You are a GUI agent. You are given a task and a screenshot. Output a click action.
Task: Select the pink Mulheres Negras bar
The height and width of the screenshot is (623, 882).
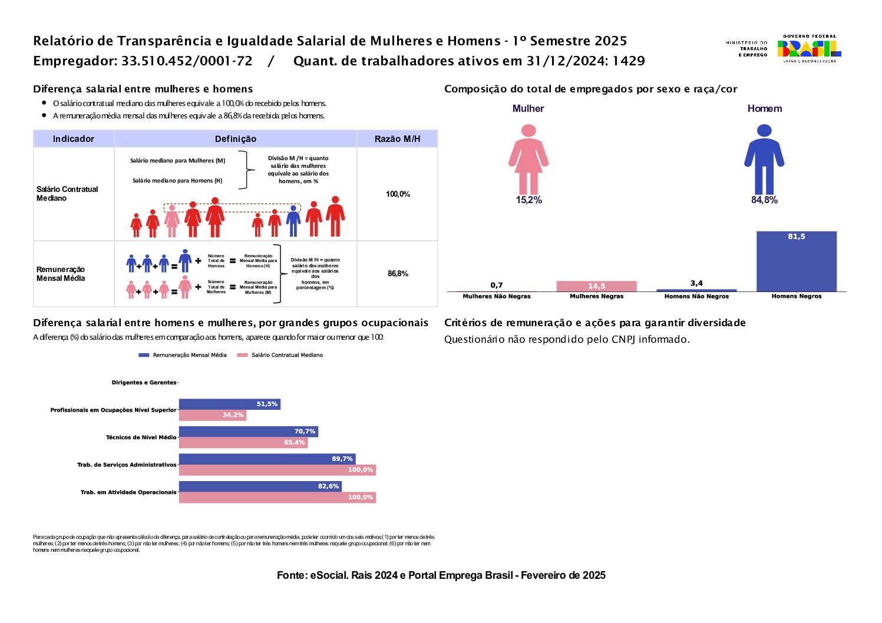[596, 286]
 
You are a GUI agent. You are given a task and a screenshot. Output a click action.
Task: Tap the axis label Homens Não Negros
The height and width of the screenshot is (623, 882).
[696, 296]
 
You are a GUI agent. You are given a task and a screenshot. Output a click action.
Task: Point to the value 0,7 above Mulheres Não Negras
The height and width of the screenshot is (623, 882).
[497, 285]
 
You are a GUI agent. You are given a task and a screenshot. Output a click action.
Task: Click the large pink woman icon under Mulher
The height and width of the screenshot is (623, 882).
[528, 159]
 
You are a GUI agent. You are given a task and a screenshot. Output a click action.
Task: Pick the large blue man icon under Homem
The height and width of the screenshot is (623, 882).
[764, 159]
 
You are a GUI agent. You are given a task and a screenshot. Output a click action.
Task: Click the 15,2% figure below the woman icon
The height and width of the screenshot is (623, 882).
[528, 200]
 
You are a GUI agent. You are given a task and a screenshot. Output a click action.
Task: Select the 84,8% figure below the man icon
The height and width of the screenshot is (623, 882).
[764, 200]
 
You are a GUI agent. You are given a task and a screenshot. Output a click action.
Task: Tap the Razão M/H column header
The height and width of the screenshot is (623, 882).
[398, 139]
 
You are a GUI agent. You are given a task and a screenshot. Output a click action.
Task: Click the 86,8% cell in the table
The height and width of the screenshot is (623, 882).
[398, 274]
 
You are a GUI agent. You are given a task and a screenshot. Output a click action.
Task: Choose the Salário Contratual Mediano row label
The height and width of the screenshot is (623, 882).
[67, 194]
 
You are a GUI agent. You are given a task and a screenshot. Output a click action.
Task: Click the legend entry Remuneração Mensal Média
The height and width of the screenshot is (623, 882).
[183, 355]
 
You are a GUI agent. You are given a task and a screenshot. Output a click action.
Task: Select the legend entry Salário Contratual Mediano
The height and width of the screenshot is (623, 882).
[280, 355]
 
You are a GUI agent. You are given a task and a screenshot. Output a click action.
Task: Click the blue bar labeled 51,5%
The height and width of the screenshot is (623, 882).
[229, 404]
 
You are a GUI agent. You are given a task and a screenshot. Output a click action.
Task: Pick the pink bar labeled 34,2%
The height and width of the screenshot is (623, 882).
[212, 415]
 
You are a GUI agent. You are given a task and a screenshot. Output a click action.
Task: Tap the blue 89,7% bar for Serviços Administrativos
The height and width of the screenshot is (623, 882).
[267, 459]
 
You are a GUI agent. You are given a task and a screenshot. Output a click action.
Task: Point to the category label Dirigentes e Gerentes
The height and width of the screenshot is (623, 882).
[144, 383]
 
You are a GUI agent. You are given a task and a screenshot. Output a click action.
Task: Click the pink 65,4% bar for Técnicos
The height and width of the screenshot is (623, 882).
[243, 442]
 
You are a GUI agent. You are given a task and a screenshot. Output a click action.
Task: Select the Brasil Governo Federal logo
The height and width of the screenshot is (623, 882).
[808, 49]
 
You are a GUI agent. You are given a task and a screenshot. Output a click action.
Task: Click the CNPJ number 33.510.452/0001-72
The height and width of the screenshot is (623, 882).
[187, 61]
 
